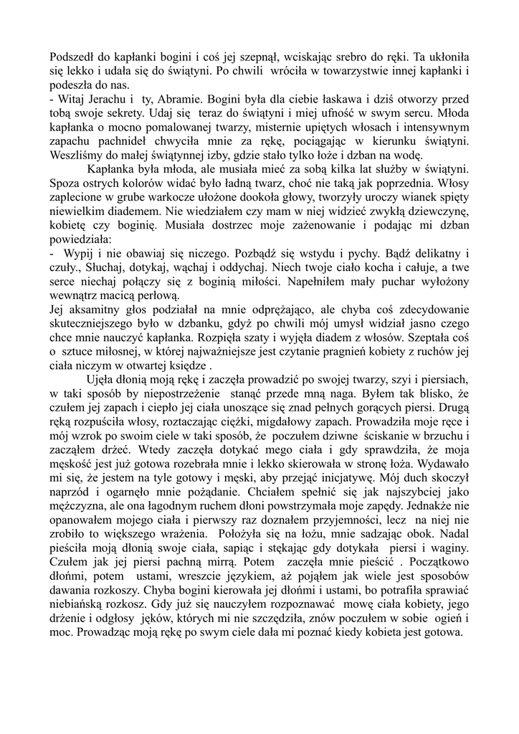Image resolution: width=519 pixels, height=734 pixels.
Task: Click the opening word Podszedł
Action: coord(73,58)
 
